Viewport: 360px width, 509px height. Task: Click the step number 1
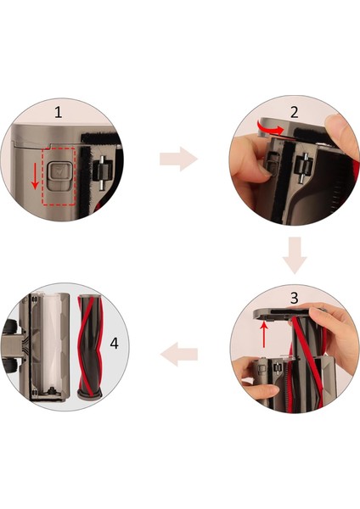[x=58, y=112]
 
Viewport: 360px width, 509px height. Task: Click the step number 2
[x=294, y=112]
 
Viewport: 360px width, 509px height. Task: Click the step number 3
[x=294, y=298]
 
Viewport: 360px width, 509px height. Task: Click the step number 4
[x=114, y=343]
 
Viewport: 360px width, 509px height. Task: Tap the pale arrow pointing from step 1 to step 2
[x=178, y=159]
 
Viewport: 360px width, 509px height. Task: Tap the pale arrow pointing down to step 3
[x=295, y=255]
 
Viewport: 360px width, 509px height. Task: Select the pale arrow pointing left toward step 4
[x=179, y=354]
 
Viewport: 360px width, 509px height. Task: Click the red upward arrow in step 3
[x=264, y=334]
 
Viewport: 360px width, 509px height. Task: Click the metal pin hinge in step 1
[x=102, y=171]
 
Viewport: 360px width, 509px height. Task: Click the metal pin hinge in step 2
[x=302, y=168]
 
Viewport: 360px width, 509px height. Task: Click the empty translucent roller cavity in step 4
[x=50, y=342]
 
